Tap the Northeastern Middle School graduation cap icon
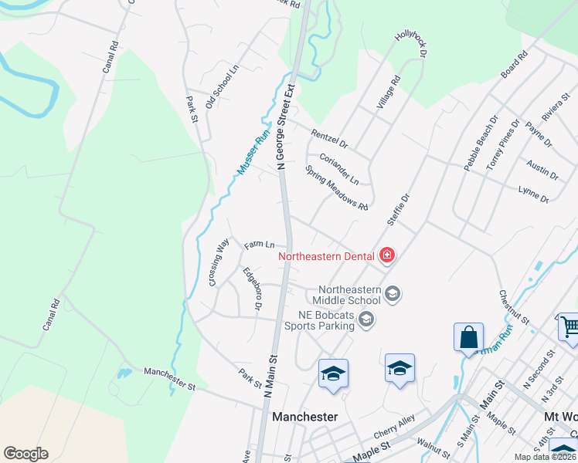393,293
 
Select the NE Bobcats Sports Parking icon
366,319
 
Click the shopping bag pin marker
468,338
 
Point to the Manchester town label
305,417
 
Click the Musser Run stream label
252,151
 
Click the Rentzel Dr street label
330,139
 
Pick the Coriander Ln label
339,169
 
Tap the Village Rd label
389,92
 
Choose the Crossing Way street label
219,262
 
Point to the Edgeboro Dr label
251,290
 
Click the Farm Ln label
260,245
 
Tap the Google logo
25,454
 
